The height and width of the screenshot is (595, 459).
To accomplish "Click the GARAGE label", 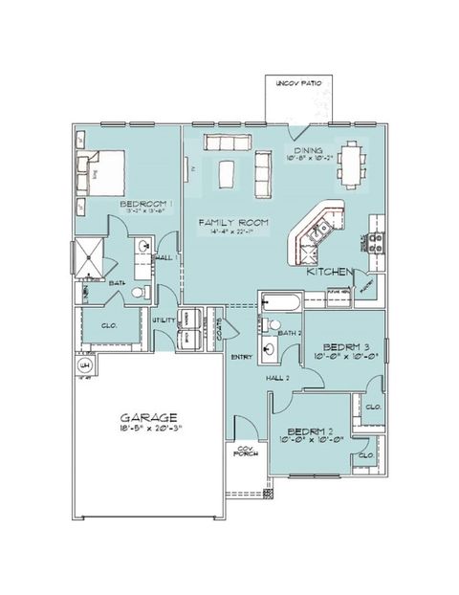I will click(x=149, y=418).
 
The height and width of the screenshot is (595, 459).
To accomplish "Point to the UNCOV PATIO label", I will click(x=299, y=84).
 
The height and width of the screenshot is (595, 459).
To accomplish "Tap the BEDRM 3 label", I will click(x=345, y=345).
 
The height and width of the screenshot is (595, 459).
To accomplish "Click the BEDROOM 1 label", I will click(x=145, y=204).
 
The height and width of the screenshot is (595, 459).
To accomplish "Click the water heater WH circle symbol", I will click(x=83, y=365).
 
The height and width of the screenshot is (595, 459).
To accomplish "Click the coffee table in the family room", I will click(x=227, y=175).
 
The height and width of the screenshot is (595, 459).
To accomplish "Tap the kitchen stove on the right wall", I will click(x=376, y=241).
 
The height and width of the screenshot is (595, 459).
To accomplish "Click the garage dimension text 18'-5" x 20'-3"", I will click(x=149, y=430).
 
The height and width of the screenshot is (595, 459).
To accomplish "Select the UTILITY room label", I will click(x=164, y=320).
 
